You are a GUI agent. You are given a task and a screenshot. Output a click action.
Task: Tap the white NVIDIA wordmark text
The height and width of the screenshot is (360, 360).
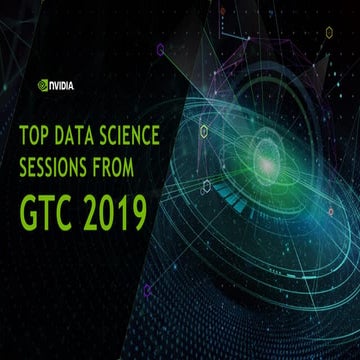coord(62,85)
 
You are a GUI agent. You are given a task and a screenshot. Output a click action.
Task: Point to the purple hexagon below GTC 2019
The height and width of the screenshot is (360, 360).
coord(147,291)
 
